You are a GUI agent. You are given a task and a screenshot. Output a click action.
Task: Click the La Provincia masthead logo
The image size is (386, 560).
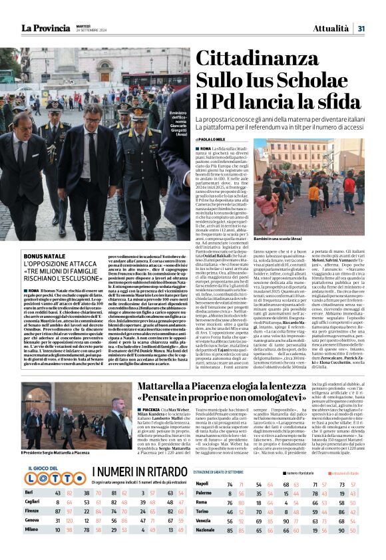click(x=46, y=28)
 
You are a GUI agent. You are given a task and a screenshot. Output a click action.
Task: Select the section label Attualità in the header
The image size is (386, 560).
click(x=331, y=28)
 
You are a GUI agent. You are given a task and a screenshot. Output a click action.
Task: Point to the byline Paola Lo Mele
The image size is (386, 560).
click(x=217, y=138)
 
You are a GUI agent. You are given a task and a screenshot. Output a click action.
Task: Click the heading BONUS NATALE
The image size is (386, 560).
click(x=40, y=256)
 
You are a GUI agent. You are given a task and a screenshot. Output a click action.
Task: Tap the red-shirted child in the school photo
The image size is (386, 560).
click(x=348, y=184)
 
